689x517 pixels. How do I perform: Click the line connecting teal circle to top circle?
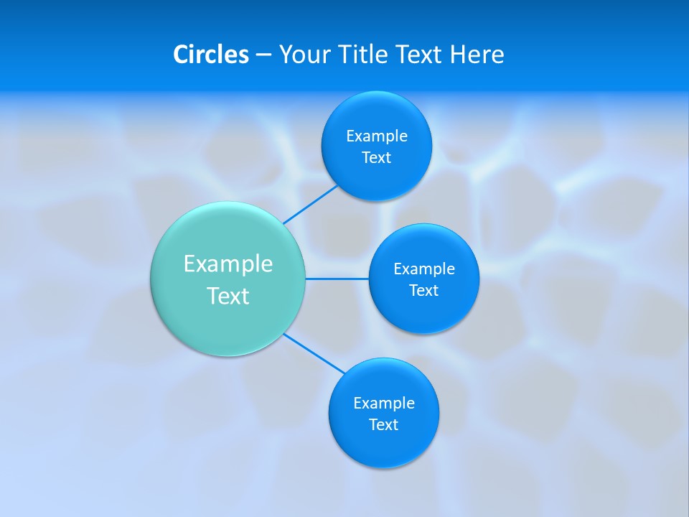(311, 205)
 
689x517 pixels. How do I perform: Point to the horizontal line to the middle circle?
(337, 279)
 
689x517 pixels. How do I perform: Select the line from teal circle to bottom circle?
(314, 353)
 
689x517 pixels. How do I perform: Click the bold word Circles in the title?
(211, 55)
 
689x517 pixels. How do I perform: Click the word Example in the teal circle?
(228, 264)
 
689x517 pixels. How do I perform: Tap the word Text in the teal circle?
(228, 296)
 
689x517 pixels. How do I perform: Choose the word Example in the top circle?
(377, 136)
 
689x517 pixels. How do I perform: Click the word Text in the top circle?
(376, 157)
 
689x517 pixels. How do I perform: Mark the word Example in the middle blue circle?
(424, 269)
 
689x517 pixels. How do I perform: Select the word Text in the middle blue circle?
(423, 290)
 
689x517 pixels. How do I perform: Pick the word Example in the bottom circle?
(384, 403)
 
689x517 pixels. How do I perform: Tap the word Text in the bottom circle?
(383, 424)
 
